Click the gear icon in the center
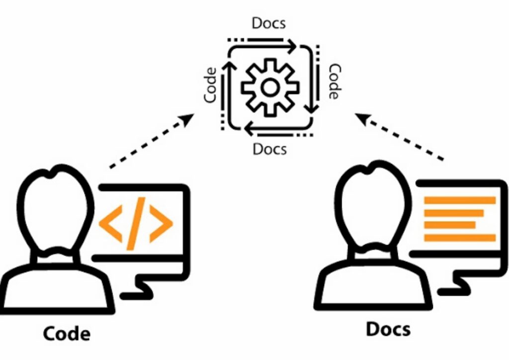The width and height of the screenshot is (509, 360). pos(270,88)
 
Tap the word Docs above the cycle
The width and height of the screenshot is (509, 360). pos(269,23)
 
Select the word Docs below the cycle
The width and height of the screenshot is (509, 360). pos(270,148)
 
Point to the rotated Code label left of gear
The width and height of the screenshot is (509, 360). pos(211,85)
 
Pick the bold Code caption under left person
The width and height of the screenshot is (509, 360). pos(67,333)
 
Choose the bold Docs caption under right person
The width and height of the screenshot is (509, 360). pos(388,329)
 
